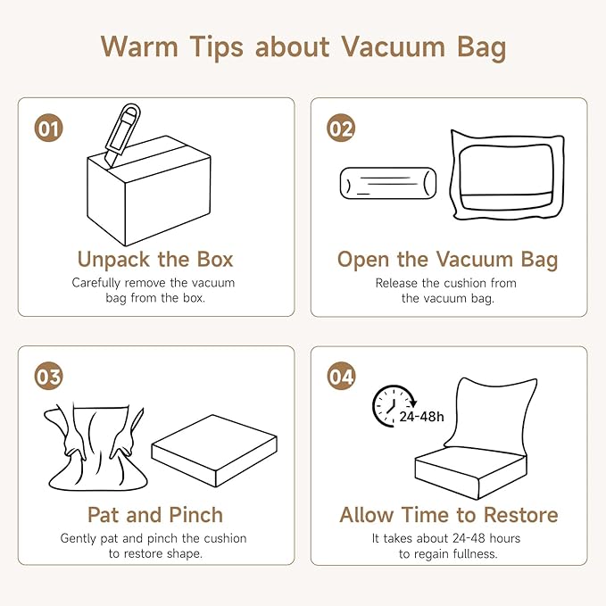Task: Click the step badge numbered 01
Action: (49, 128)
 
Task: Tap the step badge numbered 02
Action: (341, 128)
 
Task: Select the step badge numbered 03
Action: (49, 376)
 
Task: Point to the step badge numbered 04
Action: (341, 376)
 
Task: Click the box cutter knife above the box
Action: (122, 136)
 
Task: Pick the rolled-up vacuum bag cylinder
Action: (388, 183)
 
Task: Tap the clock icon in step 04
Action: (390, 406)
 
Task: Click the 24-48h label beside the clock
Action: (421, 417)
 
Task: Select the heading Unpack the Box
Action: (155, 260)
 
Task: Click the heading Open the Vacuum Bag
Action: (447, 260)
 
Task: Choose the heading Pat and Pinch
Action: (155, 515)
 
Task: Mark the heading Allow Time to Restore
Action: (449, 515)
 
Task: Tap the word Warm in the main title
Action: (139, 47)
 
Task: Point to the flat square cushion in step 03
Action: (214, 451)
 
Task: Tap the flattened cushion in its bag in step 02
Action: (507, 175)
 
